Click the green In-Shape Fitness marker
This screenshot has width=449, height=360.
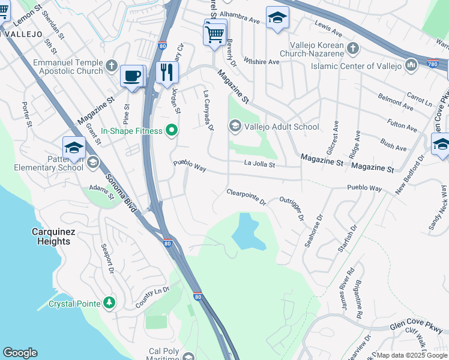click(x=172, y=131)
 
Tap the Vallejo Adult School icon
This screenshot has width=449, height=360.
click(x=235, y=126)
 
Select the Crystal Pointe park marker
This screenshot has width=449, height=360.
click(x=109, y=303)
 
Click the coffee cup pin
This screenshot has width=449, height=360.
click(x=132, y=77)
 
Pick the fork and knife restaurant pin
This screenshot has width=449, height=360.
click(x=167, y=73)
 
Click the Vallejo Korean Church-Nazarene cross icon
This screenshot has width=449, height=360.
click(x=353, y=47)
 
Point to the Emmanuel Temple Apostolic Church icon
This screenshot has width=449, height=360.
click(x=111, y=65)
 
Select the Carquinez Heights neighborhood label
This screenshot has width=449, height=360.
click(x=51, y=236)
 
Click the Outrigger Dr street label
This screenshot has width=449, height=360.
click(x=292, y=208)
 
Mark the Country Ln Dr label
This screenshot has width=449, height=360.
click(x=152, y=298)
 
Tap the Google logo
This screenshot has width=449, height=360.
click(x=20, y=353)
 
